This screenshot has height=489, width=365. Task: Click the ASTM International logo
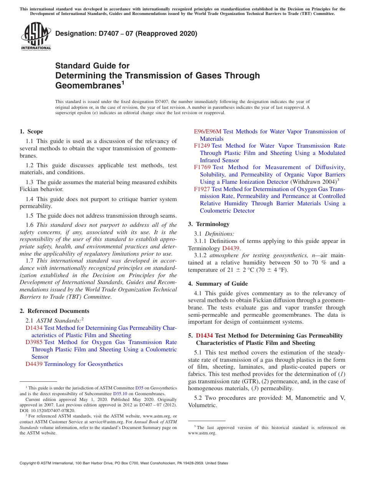click(x=36, y=36)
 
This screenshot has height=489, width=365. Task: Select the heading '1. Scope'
click(x=32, y=131)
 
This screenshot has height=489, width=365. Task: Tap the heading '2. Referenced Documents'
click(x=55, y=311)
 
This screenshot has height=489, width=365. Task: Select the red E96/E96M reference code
click(x=207, y=131)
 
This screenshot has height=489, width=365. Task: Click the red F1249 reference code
click(x=202, y=146)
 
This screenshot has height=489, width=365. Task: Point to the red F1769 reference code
click(x=202, y=167)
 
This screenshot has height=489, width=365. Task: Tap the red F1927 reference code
click(x=202, y=189)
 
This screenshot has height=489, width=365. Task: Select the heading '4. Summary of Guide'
click(x=218, y=284)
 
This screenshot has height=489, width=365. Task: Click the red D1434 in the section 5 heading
click(x=204, y=336)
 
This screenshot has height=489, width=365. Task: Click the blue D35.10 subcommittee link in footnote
click(x=120, y=394)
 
